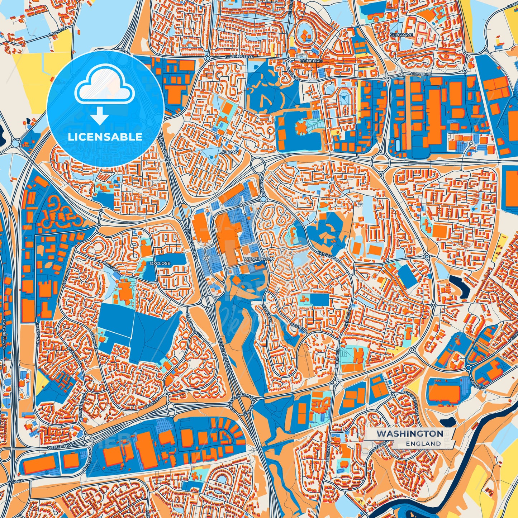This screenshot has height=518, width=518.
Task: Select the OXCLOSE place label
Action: pos(160,263)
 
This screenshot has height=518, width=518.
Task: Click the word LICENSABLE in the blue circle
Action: pos(105,137)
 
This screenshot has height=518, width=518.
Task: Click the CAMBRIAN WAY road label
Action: pos(194,324)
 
